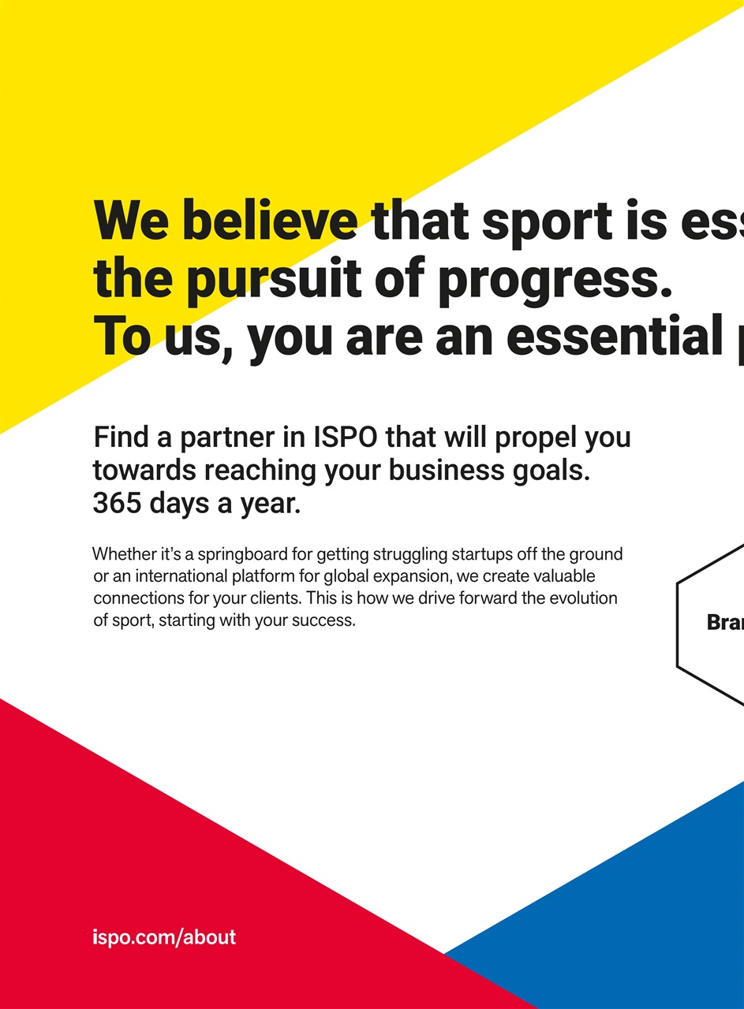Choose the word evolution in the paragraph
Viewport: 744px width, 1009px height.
point(583,598)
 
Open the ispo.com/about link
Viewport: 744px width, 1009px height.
point(164,937)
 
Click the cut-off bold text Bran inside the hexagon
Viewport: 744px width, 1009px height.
point(725,623)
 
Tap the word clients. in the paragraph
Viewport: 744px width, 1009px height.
point(268,598)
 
